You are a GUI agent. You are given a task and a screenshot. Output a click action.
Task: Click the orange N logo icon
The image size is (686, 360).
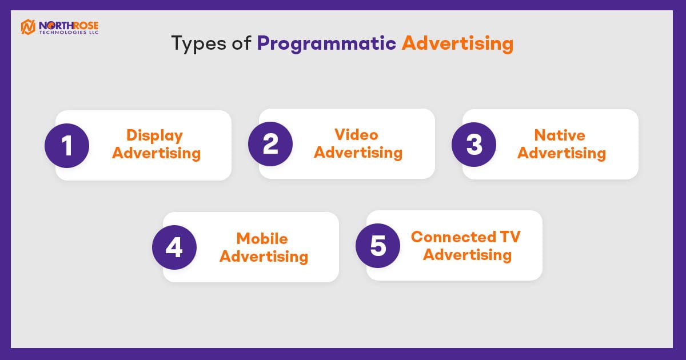[28, 27]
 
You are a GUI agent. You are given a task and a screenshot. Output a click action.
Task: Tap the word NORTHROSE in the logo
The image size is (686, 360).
[69, 25]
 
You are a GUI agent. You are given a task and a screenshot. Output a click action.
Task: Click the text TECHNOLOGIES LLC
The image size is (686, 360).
[69, 33]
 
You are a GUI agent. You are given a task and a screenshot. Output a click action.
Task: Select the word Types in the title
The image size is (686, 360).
[198, 44]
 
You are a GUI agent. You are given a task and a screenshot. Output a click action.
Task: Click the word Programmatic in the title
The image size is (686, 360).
[326, 44]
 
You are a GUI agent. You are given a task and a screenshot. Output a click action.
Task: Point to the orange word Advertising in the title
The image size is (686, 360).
[457, 43]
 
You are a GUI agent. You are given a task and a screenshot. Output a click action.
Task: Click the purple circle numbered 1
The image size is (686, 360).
[67, 145]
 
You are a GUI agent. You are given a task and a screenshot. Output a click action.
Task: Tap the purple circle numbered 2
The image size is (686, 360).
[270, 144]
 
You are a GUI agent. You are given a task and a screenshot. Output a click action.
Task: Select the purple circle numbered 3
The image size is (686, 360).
[474, 145]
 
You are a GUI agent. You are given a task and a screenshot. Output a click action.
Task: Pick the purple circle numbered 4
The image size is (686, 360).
[174, 247]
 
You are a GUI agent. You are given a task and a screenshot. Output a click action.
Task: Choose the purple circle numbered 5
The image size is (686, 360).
[378, 246]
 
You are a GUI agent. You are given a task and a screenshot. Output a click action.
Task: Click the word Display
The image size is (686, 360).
[155, 135]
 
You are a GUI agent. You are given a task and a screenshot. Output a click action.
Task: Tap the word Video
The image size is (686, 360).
[357, 135]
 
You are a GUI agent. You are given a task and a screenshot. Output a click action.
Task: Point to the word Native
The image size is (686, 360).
[560, 135]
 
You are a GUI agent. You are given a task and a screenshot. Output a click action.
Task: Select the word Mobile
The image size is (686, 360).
[262, 238]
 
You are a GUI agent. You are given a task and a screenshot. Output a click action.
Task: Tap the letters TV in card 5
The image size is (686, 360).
[510, 237]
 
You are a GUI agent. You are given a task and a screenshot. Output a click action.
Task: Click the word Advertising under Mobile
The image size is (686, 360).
[264, 256]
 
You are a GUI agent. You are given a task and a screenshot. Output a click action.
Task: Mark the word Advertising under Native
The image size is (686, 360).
[561, 153]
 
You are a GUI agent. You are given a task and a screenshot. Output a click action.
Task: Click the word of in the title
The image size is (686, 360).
[241, 43]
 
